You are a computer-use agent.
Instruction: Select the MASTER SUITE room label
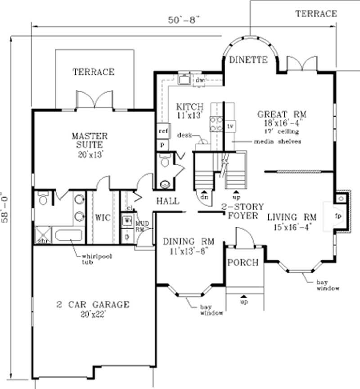(x=90, y=140)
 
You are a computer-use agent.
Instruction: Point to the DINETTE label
(x=248, y=59)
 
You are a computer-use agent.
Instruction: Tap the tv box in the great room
(x=231, y=126)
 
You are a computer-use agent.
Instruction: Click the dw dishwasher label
(x=200, y=81)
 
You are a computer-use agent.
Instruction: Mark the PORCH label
(x=242, y=262)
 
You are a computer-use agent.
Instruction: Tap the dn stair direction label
(x=203, y=196)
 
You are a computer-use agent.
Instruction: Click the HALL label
(x=167, y=201)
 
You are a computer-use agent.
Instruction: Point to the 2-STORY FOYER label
(x=239, y=212)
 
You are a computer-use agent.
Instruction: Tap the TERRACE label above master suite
(x=94, y=72)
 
